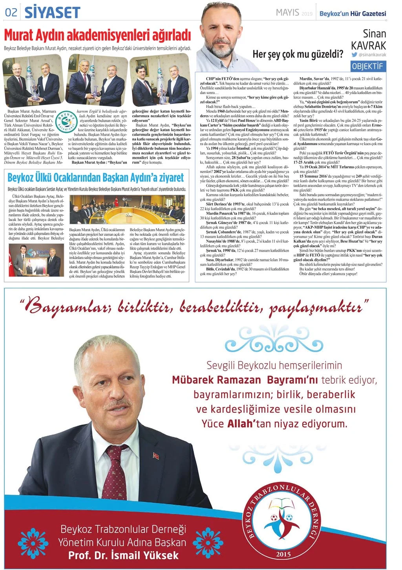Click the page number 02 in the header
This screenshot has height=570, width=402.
click(x=11, y=13)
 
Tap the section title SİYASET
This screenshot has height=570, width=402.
click(x=52, y=13)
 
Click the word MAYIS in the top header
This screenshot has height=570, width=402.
click(x=287, y=13)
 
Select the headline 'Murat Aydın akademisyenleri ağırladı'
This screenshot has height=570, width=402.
click(x=97, y=35)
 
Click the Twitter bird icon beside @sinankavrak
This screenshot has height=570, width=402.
click(x=354, y=55)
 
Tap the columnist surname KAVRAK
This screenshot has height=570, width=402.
click(x=368, y=46)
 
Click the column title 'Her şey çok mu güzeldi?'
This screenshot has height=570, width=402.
click(x=298, y=54)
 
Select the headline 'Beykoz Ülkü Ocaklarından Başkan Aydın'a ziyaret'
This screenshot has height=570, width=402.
click(x=96, y=178)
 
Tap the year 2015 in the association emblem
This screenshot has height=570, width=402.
click(x=283, y=554)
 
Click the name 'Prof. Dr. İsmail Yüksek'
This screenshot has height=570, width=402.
click(x=123, y=555)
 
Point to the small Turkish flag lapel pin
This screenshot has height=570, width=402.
click(x=155, y=456)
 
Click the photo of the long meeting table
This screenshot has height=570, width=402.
click(x=127, y=210)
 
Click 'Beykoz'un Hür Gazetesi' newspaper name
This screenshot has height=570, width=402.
click(x=353, y=13)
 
